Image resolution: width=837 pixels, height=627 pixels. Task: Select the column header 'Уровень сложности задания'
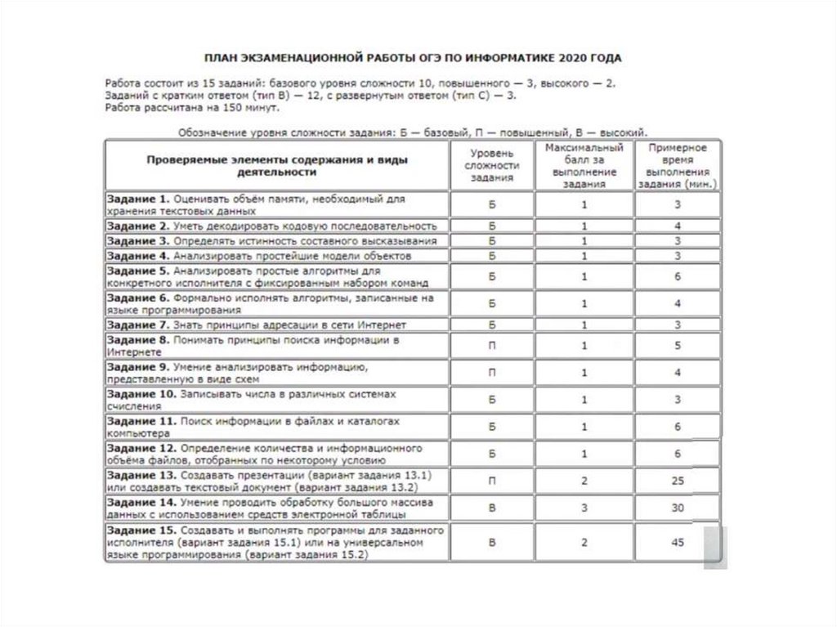(x=492, y=165)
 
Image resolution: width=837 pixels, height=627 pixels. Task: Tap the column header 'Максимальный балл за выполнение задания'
(x=584, y=165)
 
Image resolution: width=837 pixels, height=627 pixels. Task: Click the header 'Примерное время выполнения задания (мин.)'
(x=677, y=165)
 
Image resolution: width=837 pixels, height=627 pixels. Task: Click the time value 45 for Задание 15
(x=678, y=542)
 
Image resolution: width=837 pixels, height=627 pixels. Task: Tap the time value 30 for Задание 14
(x=678, y=507)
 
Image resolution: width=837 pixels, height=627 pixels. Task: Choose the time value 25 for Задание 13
(x=678, y=481)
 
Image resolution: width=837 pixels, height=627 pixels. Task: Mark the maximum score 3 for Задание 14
(x=584, y=507)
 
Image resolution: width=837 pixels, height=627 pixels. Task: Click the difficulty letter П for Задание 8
(x=492, y=345)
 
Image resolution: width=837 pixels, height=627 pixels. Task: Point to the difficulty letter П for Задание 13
(x=492, y=481)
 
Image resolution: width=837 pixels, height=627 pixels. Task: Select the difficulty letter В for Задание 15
(x=492, y=542)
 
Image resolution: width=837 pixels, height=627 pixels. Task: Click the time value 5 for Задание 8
(x=678, y=345)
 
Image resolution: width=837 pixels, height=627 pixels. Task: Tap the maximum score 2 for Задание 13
(x=584, y=481)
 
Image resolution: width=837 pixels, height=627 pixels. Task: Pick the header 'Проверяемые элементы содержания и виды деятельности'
(x=276, y=166)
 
